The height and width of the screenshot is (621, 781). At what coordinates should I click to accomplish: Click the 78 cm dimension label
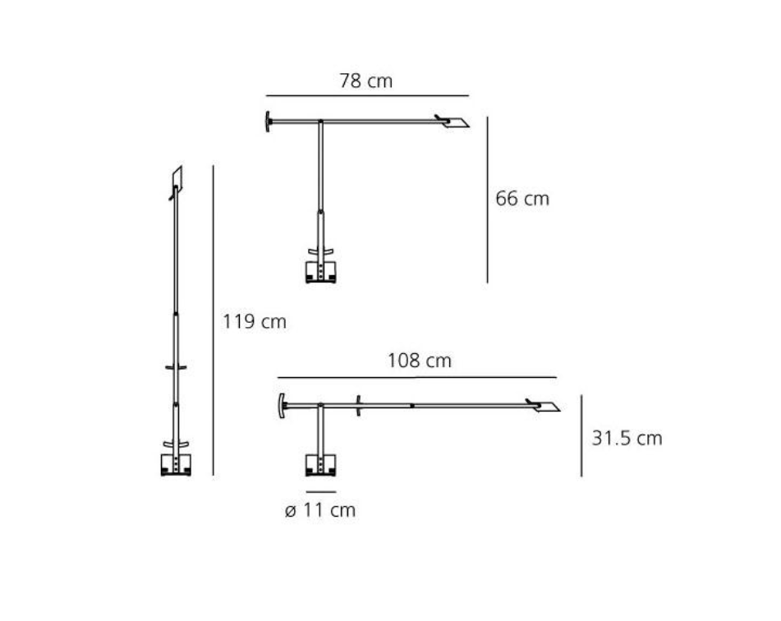(x=366, y=80)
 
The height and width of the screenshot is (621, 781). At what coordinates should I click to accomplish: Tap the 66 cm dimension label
(x=522, y=199)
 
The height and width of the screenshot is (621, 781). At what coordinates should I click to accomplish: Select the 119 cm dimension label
(x=255, y=321)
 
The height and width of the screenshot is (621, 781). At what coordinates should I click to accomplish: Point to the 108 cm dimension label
(x=420, y=361)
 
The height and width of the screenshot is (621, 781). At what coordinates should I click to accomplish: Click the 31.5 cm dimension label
(x=627, y=438)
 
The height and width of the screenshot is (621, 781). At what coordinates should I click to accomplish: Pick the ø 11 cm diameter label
(x=320, y=510)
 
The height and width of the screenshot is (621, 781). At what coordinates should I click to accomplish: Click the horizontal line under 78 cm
(x=368, y=95)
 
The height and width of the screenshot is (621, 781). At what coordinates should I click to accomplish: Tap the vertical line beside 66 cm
(x=487, y=200)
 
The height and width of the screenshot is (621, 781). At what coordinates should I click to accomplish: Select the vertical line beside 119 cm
(x=214, y=320)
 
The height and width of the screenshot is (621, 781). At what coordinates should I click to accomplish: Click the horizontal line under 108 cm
(x=417, y=377)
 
